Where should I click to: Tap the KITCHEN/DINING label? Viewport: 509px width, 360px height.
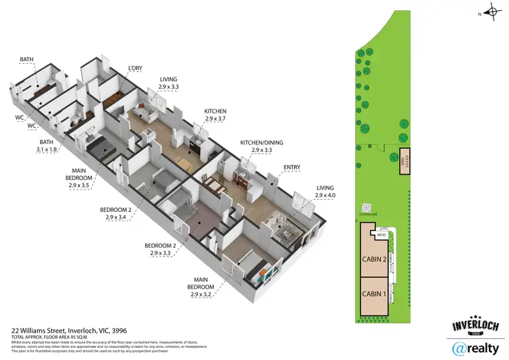click(261, 143)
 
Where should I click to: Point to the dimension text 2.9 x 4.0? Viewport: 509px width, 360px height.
click(326, 195)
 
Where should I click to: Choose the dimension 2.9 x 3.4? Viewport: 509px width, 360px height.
click(117, 217)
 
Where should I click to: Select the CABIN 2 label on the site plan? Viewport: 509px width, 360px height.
click(375, 258)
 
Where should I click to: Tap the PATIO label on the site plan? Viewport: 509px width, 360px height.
click(382, 236)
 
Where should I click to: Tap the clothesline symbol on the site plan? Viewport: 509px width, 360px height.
click(367, 208)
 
